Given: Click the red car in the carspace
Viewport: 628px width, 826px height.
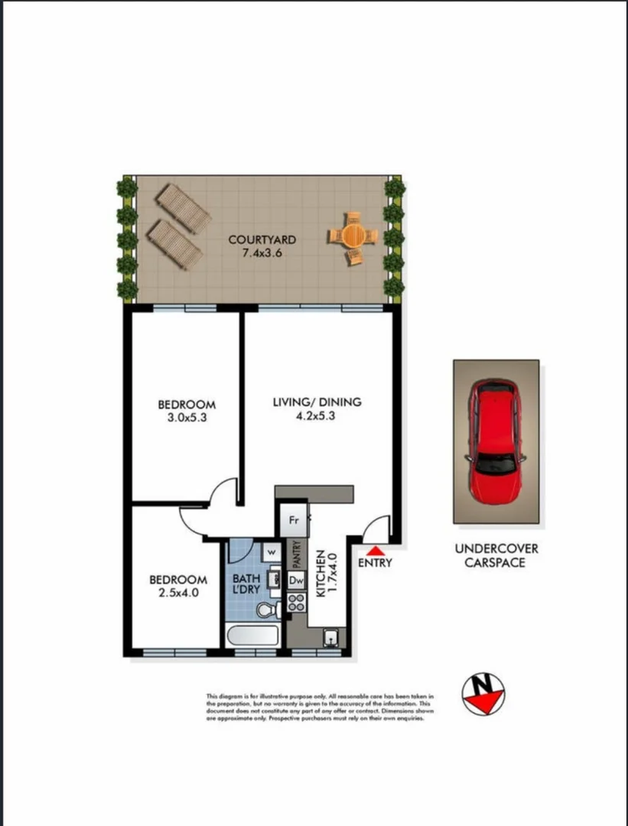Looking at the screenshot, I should [x=496, y=441].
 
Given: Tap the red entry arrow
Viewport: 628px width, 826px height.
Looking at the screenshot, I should [x=375, y=550].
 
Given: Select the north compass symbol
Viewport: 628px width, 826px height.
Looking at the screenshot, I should [x=483, y=694].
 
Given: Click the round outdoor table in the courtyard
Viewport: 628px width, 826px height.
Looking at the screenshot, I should [x=353, y=235].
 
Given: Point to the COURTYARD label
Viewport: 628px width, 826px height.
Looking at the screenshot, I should [x=262, y=239].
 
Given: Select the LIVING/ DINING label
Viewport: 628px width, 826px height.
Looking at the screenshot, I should [x=317, y=402].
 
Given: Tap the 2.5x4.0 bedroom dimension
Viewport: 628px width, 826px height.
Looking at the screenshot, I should [x=177, y=592].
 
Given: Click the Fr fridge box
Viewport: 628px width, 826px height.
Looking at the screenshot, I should [x=292, y=521].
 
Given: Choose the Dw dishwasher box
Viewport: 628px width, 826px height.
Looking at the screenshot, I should [x=296, y=581].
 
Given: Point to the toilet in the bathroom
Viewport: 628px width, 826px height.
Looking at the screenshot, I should [x=267, y=610].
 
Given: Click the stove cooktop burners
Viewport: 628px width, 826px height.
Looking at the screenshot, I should [x=295, y=605].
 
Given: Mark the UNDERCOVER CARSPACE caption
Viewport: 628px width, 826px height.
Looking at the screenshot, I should [x=496, y=555].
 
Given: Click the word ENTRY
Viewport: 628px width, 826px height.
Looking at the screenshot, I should [x=375, y=563].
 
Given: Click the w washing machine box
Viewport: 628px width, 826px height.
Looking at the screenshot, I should [x=272, y=551].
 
